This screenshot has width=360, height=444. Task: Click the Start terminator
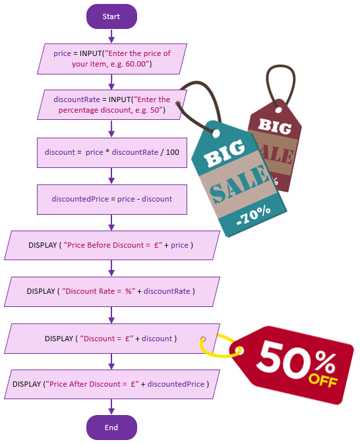coord(111,16)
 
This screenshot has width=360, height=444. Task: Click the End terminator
coord(111,428)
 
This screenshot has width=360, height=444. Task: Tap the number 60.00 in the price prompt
coord(136,64)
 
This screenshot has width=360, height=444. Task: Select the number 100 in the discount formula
coord(172,152)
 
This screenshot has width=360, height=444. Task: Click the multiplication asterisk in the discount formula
coord(107,151)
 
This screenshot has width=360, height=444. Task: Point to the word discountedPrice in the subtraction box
coord(80,199)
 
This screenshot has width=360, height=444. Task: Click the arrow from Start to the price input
coord(111,36)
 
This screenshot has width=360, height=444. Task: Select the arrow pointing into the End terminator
coord(111,407)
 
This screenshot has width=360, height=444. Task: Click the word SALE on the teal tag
coord(239,184)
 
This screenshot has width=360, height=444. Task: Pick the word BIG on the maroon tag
coord(275,126)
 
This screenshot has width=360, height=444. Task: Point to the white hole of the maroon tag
coord(279,109)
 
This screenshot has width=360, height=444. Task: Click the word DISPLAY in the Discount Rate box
coord(41,291)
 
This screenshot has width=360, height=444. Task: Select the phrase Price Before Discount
coord(105,245)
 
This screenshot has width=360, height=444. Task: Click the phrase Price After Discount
coord(85,384)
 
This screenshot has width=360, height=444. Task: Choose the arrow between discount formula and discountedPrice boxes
coord(111,176)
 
